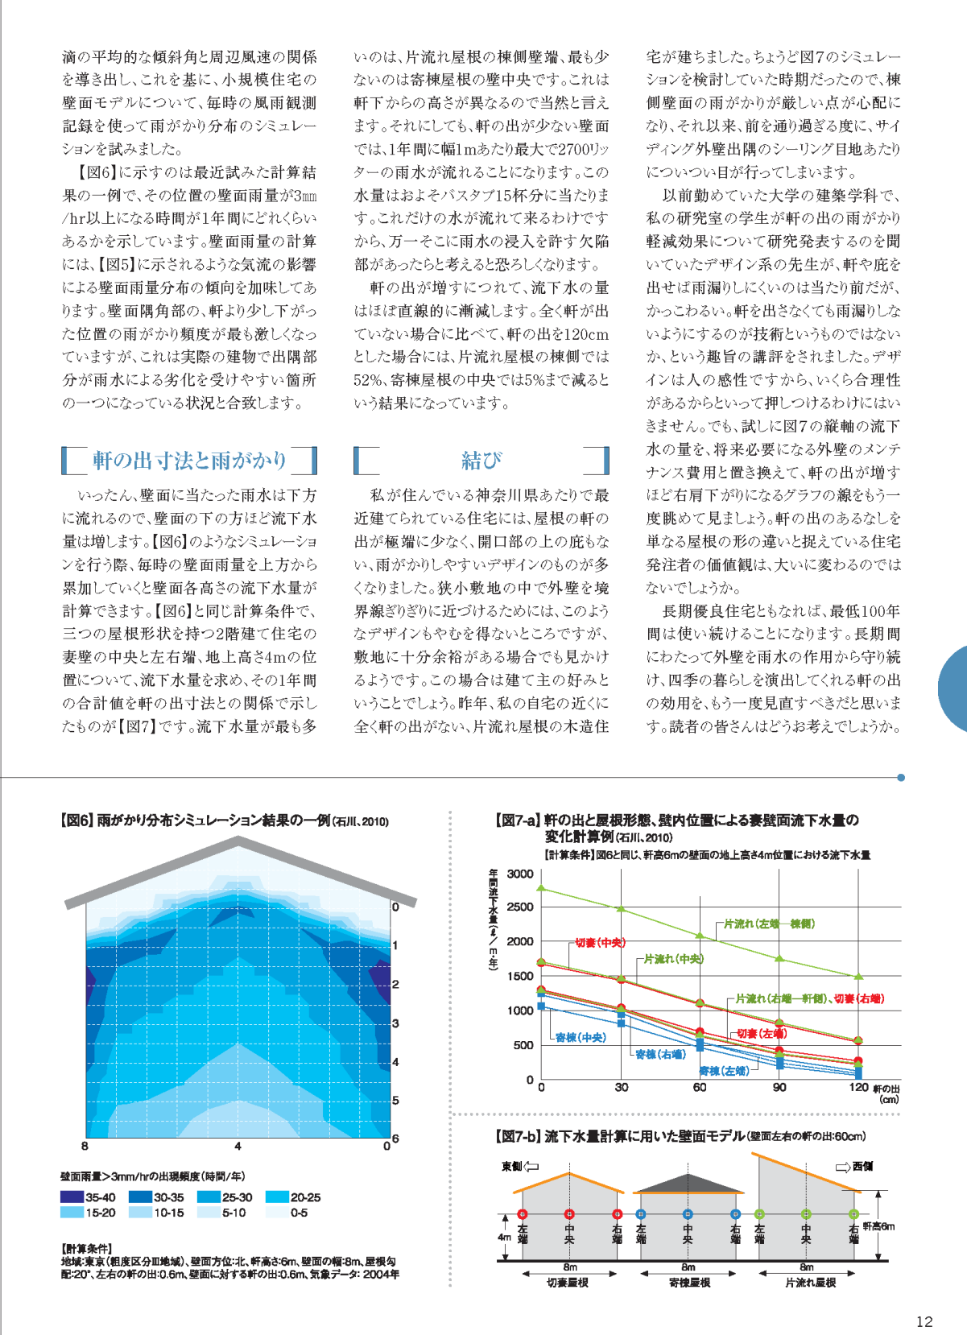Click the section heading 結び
(x=481, y=460)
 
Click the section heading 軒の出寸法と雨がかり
(x=189, y=460)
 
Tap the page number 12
(x=924, y=1321)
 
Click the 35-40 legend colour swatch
(x=72, y=1197)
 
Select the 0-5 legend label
(x=299, y=1213)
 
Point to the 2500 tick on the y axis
(x=519, y=907)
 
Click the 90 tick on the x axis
(x=779, y=1087)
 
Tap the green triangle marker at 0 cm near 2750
(x=541, y=888)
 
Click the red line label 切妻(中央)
(x=600, y=942)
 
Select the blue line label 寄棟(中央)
(x=581, y=1038)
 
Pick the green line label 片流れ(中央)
(x=674, y=958)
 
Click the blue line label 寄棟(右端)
(x=661, y=1054)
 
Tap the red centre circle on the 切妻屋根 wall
(x=569, y=1214)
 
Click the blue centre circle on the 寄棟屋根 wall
(x=688, y=1214)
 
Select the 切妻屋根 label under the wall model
(x=568, y=1283)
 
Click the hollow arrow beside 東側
(x=531, y=1167)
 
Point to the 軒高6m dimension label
(x=878, y=1226)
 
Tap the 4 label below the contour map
(x=238, y=1146)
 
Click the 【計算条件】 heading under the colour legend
(x=86, y=1248)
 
